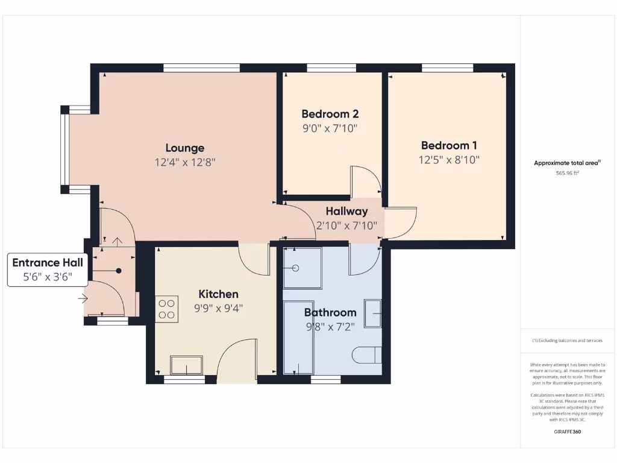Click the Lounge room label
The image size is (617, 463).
click(185, 148)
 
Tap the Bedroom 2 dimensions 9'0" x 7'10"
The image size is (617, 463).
click(330, 128)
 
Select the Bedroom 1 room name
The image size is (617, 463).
click(449, 145)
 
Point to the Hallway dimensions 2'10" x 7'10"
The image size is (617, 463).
click(346, 225)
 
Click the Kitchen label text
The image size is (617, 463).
click(218, 294)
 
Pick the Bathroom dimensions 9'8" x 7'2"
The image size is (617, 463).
click(330, 327)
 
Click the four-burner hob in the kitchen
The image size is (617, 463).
click(167, 309)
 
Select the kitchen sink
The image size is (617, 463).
click(186, 365)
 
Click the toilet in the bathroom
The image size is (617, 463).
click(367, 354)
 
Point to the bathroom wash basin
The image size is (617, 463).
click(373, 313)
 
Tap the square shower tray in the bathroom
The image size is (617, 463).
click(302, 268)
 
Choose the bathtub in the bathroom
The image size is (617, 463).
click(299, 338)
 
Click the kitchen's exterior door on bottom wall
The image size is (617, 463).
click(237, 361)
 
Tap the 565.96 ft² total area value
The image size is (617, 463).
click(567, 173)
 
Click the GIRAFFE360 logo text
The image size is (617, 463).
click(567, 432)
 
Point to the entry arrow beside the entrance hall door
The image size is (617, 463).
click(83, 297)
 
